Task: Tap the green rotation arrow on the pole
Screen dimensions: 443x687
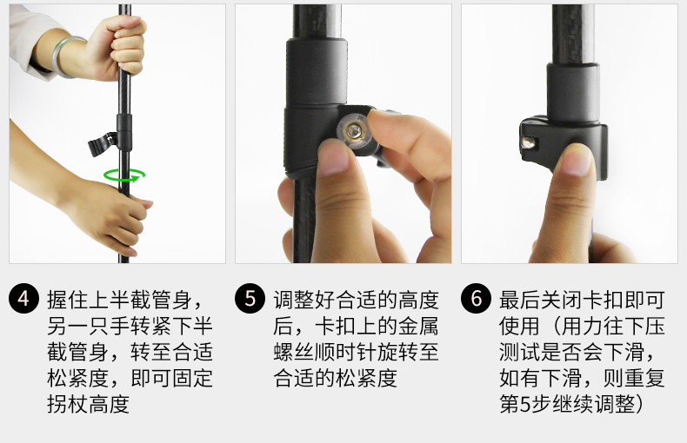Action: pos(124,175)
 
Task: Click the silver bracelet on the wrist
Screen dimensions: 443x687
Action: pos(71,56)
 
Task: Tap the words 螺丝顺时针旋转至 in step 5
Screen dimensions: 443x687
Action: pos(356,353)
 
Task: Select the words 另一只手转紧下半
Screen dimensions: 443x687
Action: pos(129,327)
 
